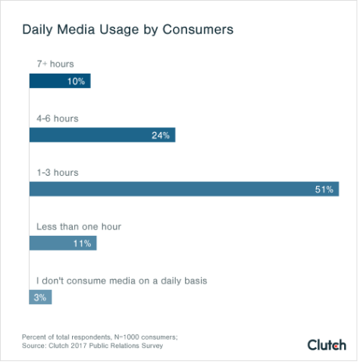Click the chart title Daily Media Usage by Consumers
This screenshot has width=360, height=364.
[x=127, y=30]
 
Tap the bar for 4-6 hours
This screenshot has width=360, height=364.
[x=102, y=135]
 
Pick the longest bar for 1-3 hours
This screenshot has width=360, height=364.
[x=183, y=189]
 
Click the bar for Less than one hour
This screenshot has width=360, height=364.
[x=62, y=243]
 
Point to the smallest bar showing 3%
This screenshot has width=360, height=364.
[x=39, y=297]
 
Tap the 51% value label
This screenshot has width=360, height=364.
[x=324, y=189]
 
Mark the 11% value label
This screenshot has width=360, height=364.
[x=83, y=243]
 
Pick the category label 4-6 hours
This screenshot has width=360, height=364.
[x=58, y=118]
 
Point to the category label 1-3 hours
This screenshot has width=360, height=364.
[x=58, y=172]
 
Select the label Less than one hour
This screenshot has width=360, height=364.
[x=79, y=226]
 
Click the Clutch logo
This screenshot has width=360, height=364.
[x=327, y=344]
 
